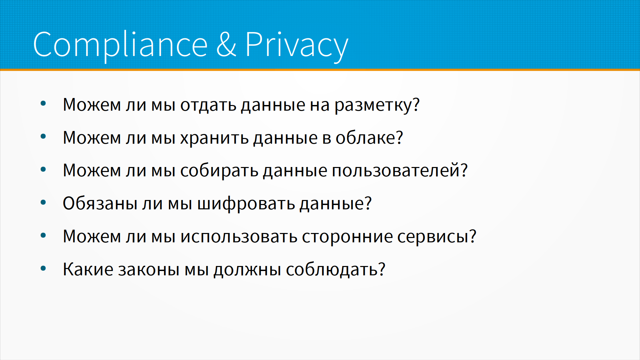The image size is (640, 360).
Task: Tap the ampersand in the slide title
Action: click(226, 44)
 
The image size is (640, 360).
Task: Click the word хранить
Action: click(214, 138)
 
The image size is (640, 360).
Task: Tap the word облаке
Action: click(365, 138)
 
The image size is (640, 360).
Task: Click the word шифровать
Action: click(246, 203)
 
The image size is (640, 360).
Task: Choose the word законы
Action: click(149, 269)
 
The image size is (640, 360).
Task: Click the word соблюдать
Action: click(332, 269)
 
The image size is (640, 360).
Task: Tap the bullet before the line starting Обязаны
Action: click(43, 202)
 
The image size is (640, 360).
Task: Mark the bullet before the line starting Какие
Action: click(43, 268)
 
